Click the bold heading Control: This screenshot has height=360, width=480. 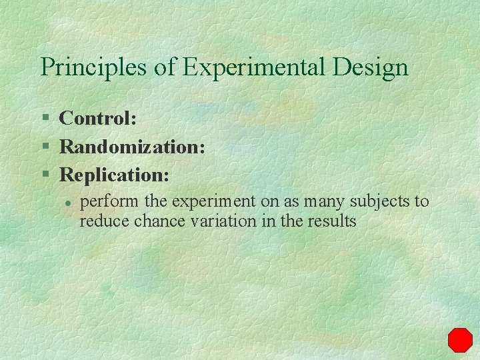[98, 119]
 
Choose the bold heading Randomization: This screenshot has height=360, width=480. [132, 147]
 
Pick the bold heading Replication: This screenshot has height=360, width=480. [115, 175]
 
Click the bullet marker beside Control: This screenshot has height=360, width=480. [46, 119]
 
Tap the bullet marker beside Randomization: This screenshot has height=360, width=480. [46, 147]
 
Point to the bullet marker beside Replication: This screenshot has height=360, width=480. [46, 175]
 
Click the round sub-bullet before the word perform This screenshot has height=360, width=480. [67, 201]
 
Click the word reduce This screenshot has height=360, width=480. [105, 221]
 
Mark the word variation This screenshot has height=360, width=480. [222, 221]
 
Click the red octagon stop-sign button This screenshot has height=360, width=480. [459, 340]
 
